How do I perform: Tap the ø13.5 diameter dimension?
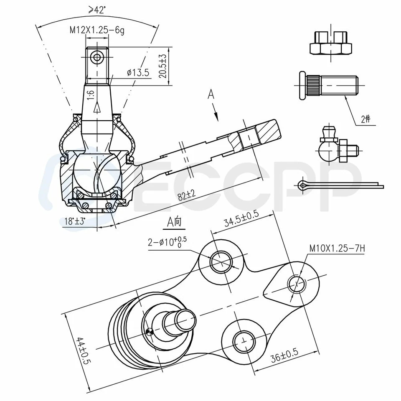137,72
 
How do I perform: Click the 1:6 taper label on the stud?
90,94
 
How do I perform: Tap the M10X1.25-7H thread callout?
337,249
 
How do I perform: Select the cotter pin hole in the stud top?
97,58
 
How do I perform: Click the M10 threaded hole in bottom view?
297,284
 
